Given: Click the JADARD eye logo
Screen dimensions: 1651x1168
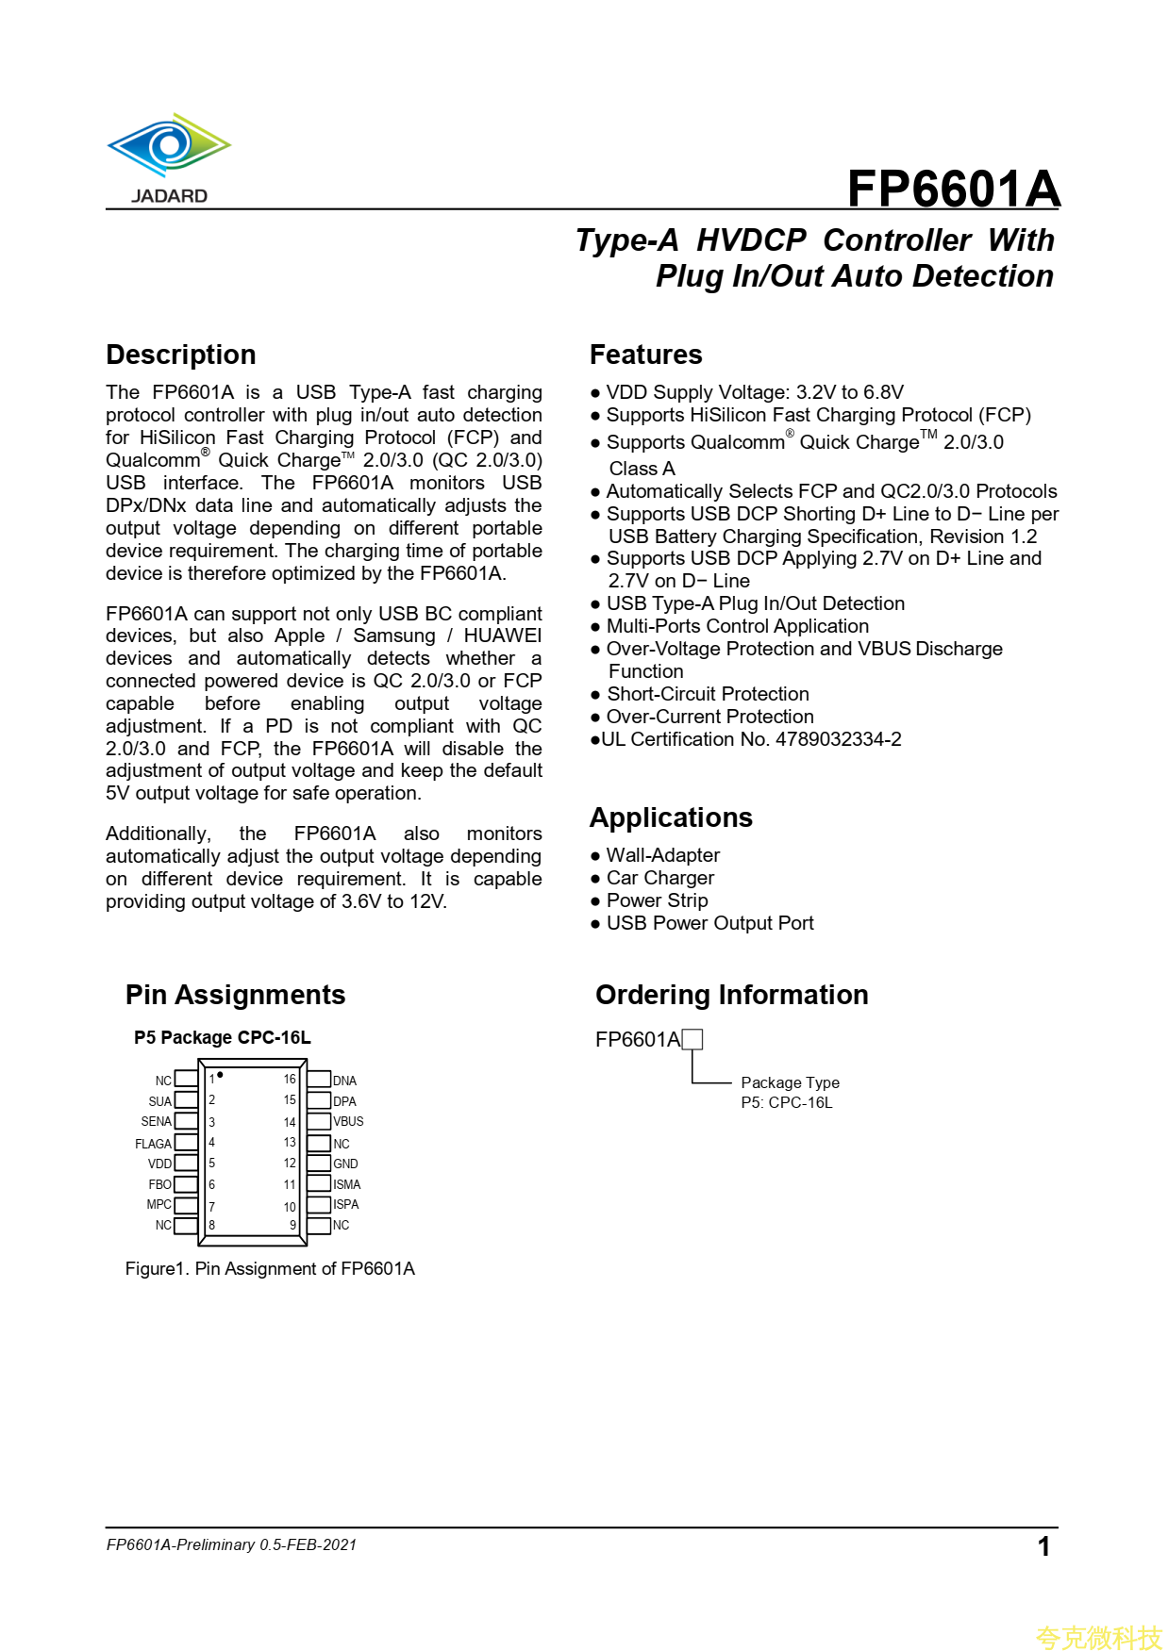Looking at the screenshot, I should coord(169,146).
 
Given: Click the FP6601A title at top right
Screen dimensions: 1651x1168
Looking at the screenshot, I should coord(953,189).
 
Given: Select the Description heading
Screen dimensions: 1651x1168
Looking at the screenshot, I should coord(181,355).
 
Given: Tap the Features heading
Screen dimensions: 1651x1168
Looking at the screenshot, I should coord(645,355).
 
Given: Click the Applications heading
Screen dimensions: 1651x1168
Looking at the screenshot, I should coord(671,817).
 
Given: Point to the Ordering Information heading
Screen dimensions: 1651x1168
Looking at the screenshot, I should coord(731,995).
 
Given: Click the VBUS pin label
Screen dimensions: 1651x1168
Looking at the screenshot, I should coord(348,1122).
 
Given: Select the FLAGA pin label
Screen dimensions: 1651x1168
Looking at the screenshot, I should coord(154,1144).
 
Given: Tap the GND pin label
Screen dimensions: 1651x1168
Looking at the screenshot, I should coord(345,1164).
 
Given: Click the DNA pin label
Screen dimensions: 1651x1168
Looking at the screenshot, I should coord(344,1081).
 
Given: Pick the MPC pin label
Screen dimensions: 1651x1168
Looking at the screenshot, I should coord(159,1205).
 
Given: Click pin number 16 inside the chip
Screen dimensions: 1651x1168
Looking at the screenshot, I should coord(290,1080).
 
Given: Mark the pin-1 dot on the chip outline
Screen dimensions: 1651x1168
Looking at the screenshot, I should coord(220,1075).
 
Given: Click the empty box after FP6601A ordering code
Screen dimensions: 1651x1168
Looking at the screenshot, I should coord(692,1039).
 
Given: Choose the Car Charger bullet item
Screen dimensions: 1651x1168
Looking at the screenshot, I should coord(659,878).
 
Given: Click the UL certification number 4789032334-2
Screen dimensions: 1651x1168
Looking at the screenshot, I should coord(838,739).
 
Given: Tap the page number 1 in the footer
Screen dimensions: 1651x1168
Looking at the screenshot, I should coord(1043,1546).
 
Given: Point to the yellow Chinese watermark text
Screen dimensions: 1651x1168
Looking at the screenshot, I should coord(1098,1637).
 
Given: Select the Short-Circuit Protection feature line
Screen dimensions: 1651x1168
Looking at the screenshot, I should coord(708,694).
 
